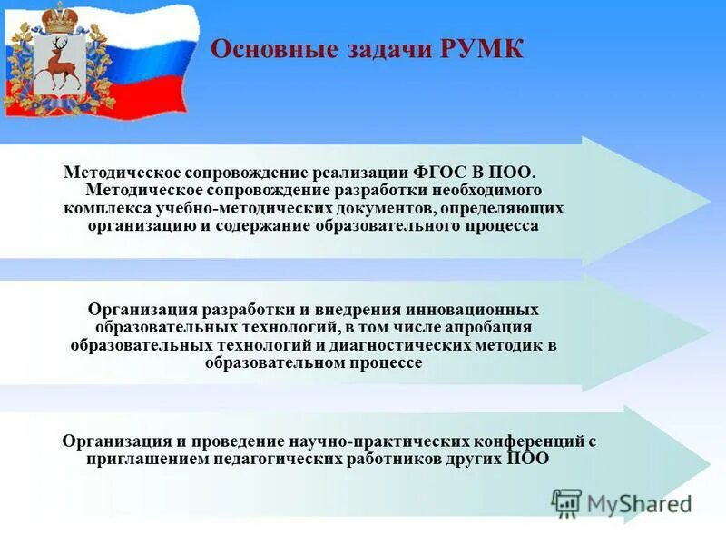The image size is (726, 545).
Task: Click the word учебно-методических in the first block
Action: click(x=278, y=208)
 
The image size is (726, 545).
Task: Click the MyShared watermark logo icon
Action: click(x=566, y=502)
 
